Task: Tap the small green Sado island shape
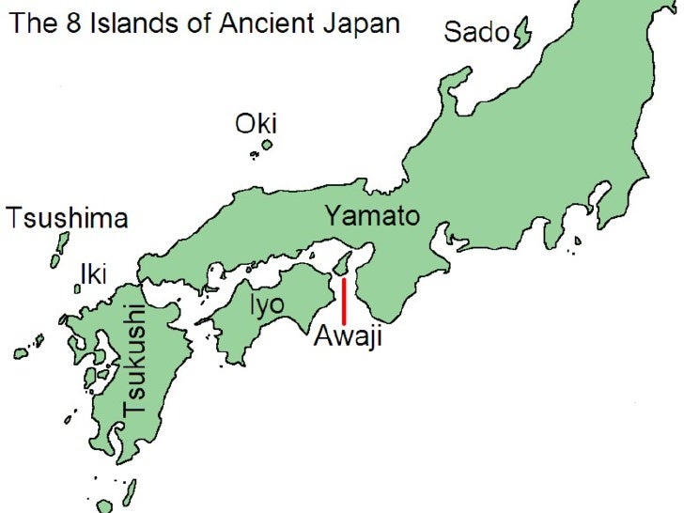pyautogui.click(x=522, y=36)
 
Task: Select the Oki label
pyautogui.click(x=256, y=124)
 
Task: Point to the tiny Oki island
pyautogui.click(x=267, y=146)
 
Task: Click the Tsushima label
pyautogui.click(x=66, y=219)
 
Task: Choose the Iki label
pyautogui.click(x=93, y=273)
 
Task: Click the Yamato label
pyautogui.click(x=372, y=216)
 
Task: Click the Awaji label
pyautogui.click(x=347, y=336)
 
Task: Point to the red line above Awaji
pyautogui.click(x=344, y=301)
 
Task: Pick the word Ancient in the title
pyautogui.click(x=265, y=23)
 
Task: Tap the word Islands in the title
pyautogui.click(x=130, y=23)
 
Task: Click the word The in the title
pyautogui.click(x=34, y=23)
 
